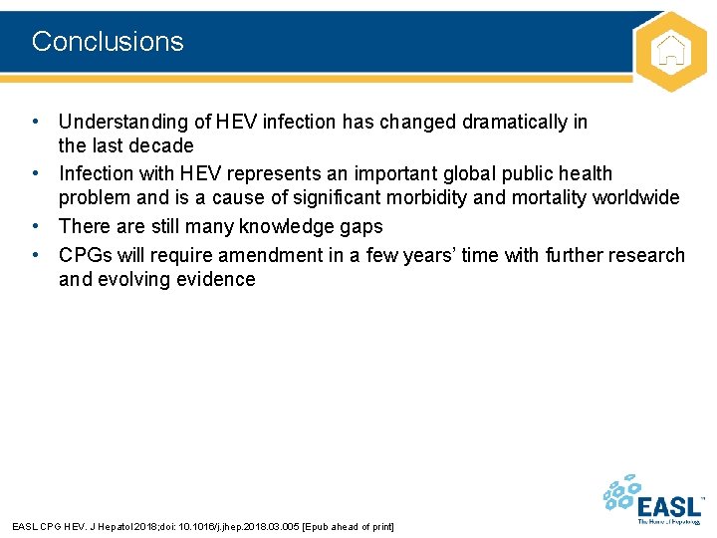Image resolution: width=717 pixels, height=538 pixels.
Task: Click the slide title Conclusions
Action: point(108,42)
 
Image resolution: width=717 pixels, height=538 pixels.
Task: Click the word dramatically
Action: point(515,123)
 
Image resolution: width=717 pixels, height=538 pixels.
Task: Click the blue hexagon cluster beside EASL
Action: point(621,494)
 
